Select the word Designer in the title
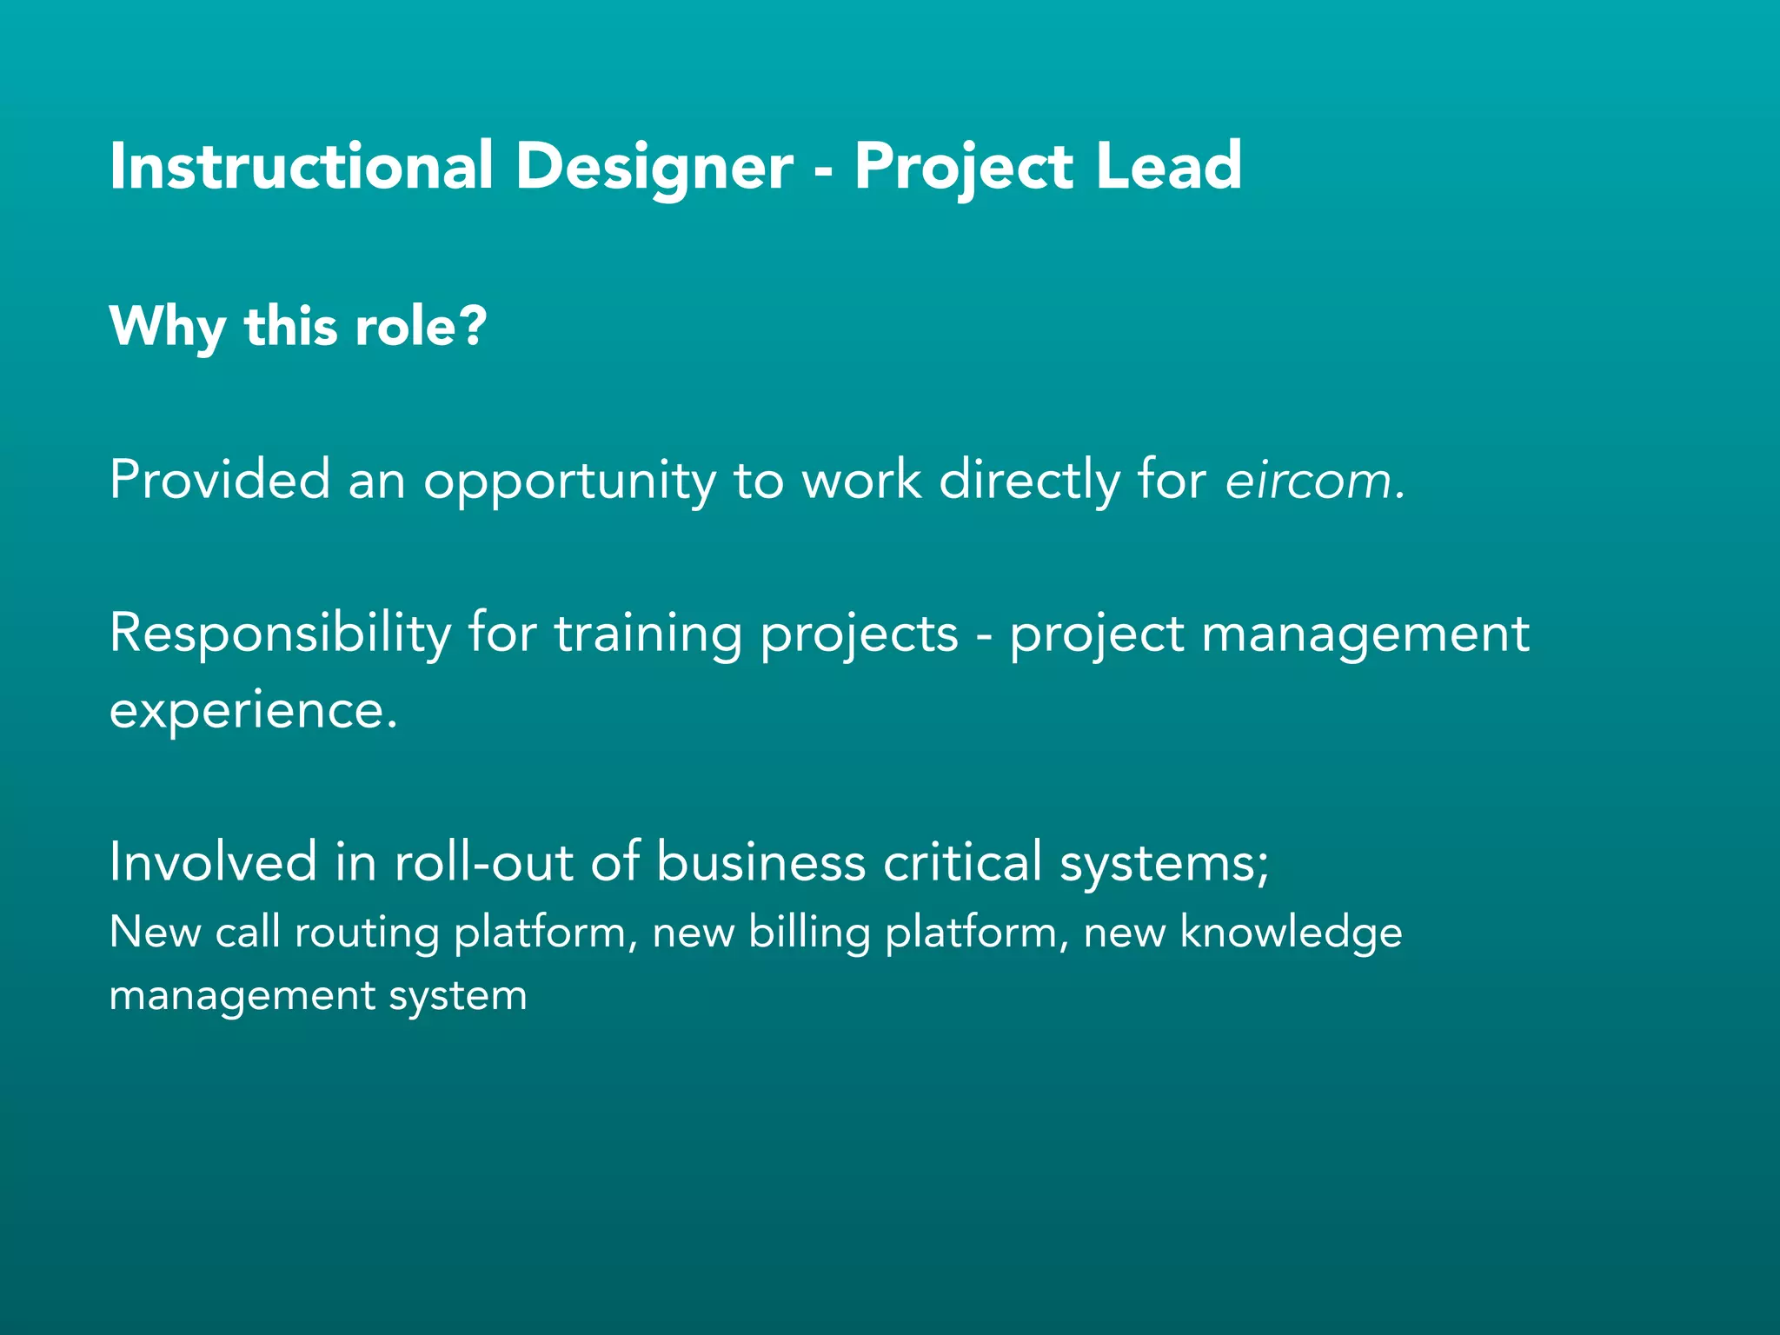[654, 167]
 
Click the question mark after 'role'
[472, 326]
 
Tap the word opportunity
[568, 482]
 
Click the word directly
[1030, 481]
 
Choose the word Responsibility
[280, 634]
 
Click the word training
[648, 634]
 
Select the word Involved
[213, 861]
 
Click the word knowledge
[1291, 933]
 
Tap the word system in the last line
[457, 996]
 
